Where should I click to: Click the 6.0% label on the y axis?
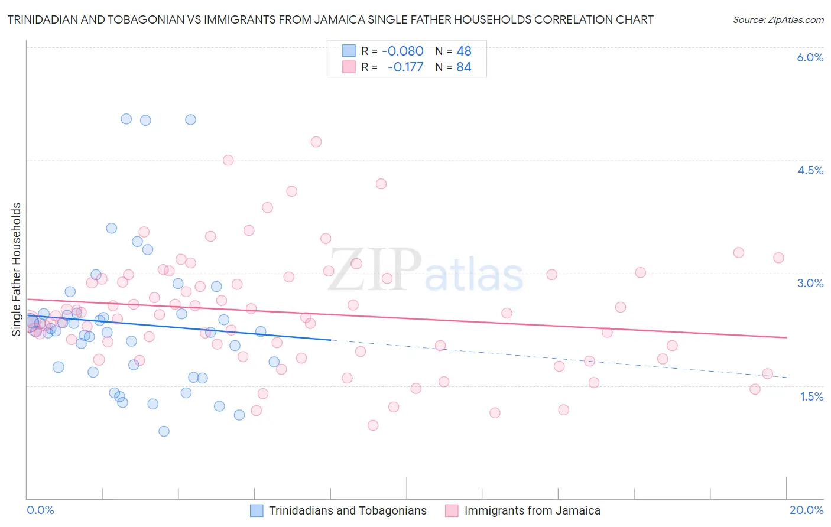pos(810,57)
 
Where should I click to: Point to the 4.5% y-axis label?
pos(810,170)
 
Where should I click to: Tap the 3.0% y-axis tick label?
pos(810,283)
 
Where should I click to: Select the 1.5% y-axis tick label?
pos(811,396)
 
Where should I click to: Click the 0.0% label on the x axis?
pos(40,510)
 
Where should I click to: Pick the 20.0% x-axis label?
pos(806,510)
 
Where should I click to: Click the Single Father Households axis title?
pos(17,269)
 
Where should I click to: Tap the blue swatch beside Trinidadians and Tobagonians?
pos(257,510)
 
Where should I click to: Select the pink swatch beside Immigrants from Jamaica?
pos(452,510)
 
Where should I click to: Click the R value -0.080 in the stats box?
pos(402,51)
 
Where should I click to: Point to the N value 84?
pos(464,67)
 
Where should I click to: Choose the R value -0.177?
pos(405,67)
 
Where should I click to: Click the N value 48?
pos(464,51)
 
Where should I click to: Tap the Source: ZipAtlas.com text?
pos(778,20)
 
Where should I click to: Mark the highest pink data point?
pos(316,142)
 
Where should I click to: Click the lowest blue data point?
pos(164,431)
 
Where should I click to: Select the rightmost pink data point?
pos(778,258)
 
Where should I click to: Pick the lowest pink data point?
pos(373,425)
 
